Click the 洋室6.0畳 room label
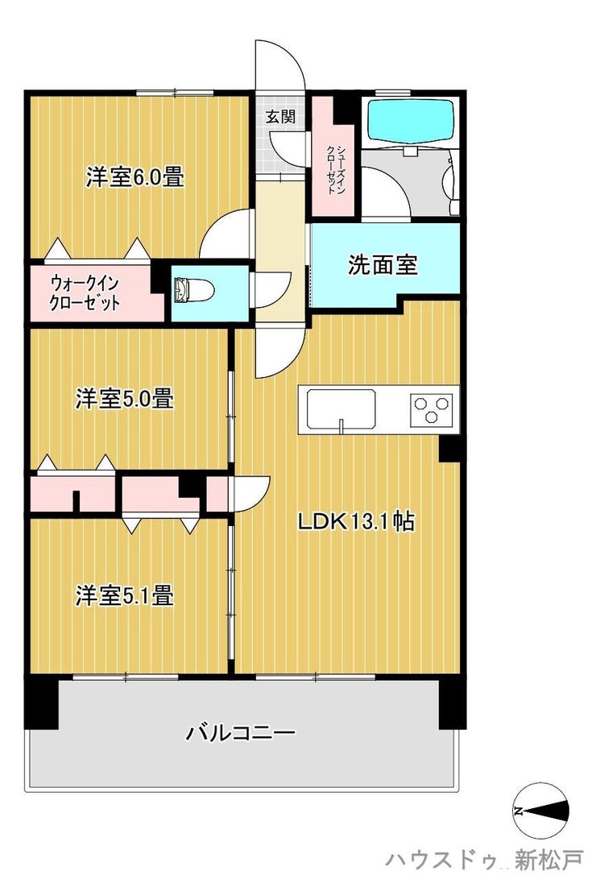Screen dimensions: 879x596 click(135, 177)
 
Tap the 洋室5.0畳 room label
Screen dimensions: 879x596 click(124, 398)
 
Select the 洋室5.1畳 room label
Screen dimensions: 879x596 click(124, 595)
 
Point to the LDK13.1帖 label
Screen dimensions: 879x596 click(356, 522)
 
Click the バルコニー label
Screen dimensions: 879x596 click(242, 732)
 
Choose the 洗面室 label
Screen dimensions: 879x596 click(383, 265)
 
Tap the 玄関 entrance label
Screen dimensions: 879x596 click(280, 116)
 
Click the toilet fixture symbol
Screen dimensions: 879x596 click(185, 288)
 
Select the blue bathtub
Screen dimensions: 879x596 click(411, 119)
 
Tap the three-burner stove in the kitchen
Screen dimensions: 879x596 click(433, 409)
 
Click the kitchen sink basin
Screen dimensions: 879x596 click(341, 408)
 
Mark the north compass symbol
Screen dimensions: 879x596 click(542, 811)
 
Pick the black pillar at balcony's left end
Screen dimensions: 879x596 click(41, 703)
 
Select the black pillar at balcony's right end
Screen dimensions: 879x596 click(453, 703)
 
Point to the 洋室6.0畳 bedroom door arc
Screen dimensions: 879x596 click(229, 234)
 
